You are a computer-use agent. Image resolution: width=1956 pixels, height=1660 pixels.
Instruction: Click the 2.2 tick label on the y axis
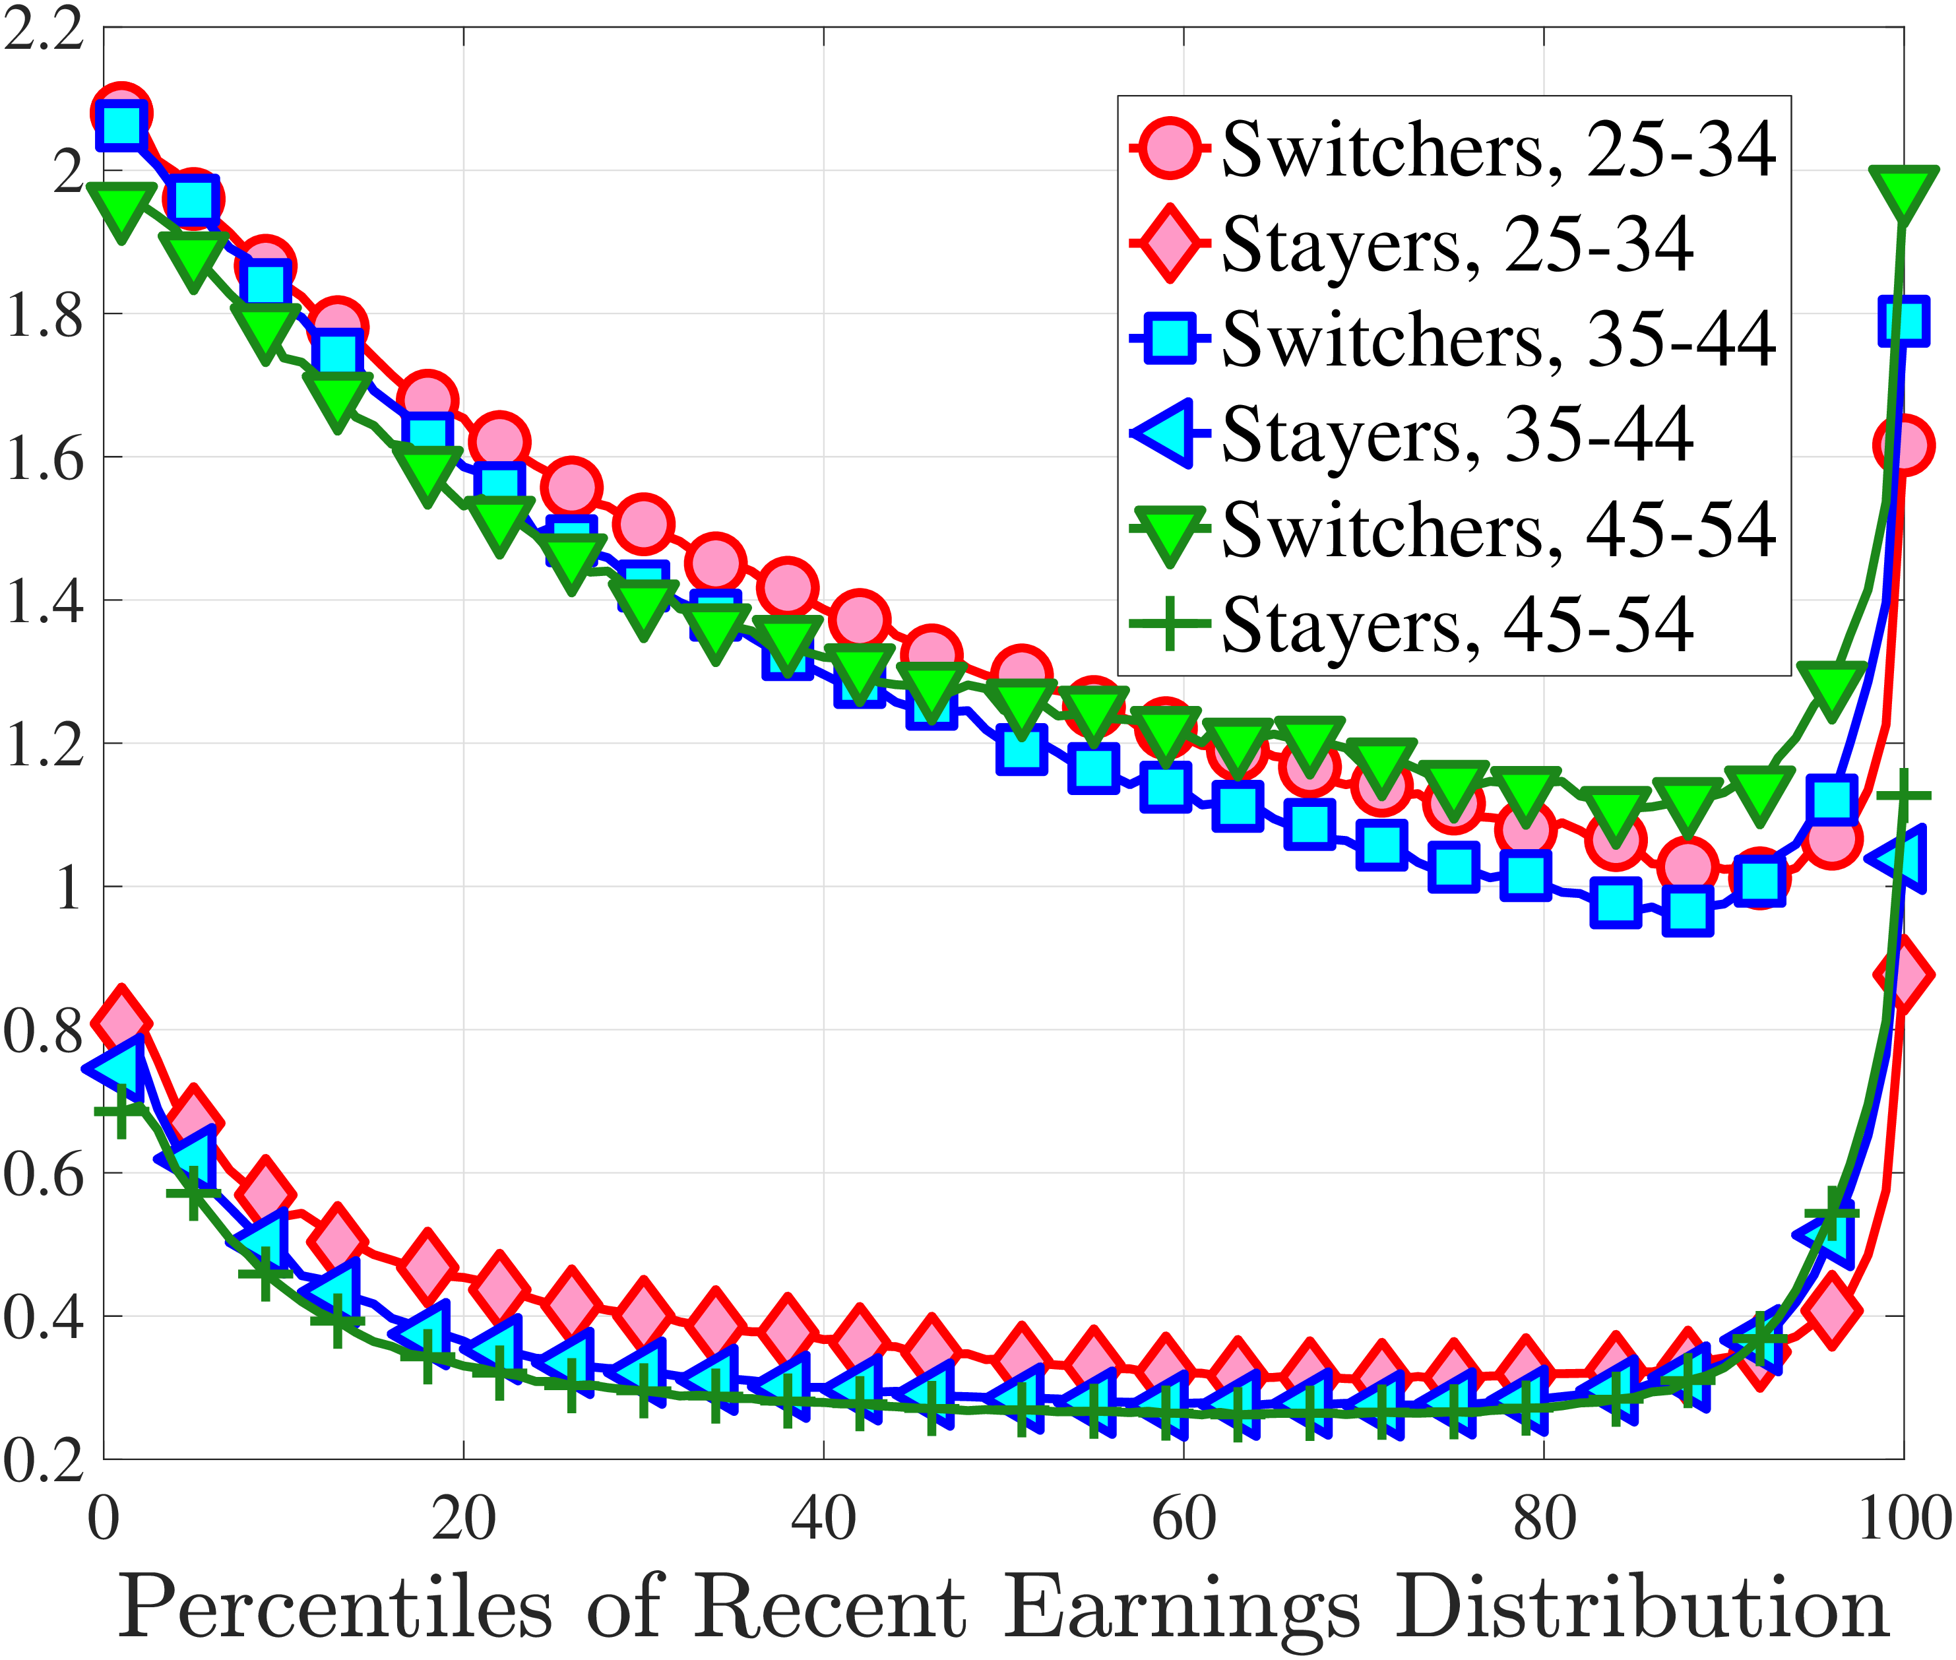tap(44, 30)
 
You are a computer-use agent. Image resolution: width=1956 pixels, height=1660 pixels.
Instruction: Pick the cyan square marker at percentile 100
tap(1903, 320)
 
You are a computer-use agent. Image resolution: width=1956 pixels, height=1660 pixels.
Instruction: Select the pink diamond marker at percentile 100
tap(1903, 974)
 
